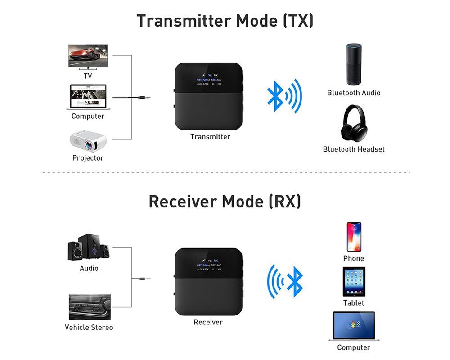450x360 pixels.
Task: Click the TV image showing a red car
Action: pos(88,56)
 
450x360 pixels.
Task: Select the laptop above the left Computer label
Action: pos(88,97)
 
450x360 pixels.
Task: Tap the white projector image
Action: pos(88,141)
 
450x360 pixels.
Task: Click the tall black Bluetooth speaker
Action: pos(354,64)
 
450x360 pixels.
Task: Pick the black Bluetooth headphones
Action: pos(354,124)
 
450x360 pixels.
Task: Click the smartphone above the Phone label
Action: pos(354,237)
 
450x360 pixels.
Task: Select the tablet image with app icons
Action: pos(354,281)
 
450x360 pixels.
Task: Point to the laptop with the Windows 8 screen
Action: pos(354,326)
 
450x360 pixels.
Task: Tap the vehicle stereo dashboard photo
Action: pos(89,307)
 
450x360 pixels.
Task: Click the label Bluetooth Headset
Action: pos(354,149)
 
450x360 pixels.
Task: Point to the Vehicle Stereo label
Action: pos(89,327)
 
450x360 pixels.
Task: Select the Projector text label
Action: pos(88,158)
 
